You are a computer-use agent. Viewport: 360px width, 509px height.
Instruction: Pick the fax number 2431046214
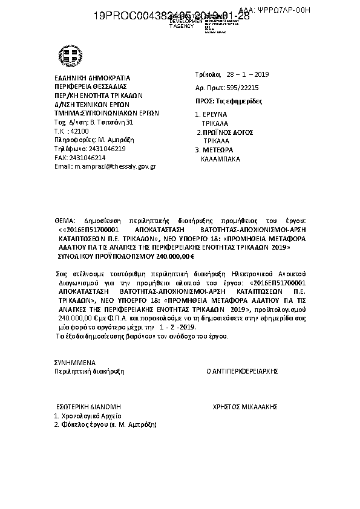coord(88,157)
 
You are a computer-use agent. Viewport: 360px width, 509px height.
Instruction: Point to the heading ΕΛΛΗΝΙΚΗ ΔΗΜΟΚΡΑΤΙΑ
coord(93,78)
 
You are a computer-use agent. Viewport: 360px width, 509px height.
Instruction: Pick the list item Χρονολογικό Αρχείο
coord(91,416)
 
